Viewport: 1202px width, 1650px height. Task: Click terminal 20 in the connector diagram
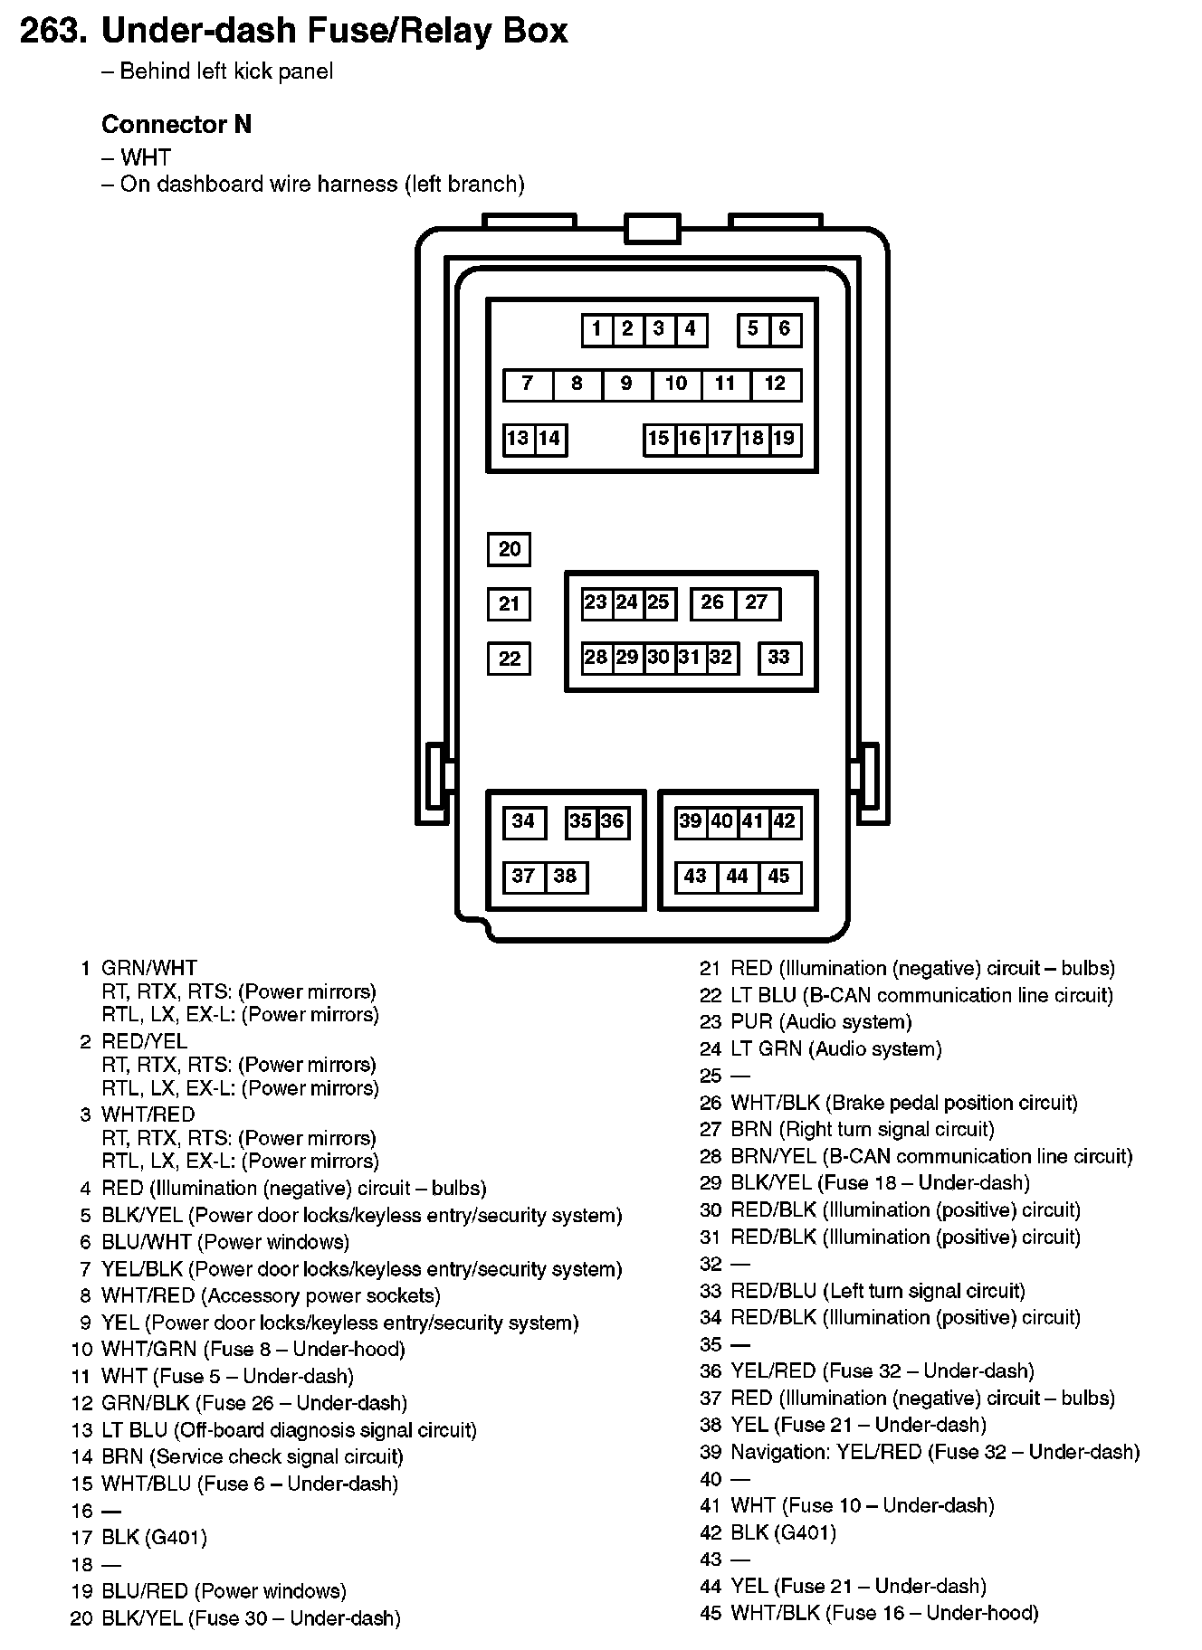pos(510,549)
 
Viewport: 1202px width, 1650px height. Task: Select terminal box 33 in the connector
pos(779,658)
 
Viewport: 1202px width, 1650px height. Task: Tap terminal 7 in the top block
pos(528,384)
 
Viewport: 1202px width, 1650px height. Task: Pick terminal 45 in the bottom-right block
pos(779,877)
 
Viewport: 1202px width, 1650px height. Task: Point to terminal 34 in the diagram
pos(523,821)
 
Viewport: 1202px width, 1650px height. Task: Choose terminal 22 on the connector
pos(510,659)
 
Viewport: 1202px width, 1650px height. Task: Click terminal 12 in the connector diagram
pos(776,384)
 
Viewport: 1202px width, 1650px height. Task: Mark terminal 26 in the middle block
pos(712,603)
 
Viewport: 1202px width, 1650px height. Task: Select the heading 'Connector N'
pos(176,125)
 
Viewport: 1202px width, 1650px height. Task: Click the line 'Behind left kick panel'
pos(226,71)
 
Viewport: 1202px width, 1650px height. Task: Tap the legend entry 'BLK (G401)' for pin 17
pos(154,1537)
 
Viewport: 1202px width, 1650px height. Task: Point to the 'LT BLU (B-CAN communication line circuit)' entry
pos(921,995)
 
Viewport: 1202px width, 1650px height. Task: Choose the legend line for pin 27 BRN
pos(862,1129)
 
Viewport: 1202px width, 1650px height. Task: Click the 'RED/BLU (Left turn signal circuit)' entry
pos(878,1291)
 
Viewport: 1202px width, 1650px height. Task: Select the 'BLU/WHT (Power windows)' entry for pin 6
pos(224,1242)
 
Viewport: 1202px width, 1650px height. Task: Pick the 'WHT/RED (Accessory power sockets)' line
pos(271,1295)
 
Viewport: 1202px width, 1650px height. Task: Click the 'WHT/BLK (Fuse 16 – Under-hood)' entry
pos(884,1613)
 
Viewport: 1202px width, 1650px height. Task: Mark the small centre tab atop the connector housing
pos(652,229)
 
